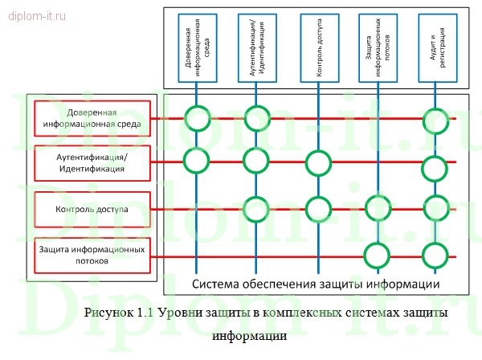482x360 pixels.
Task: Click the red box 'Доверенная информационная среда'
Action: point(92,118)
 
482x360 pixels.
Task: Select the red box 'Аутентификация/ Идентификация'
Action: point(92,164)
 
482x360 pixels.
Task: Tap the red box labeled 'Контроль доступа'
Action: point(92,209)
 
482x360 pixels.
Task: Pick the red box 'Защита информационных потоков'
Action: point(92,255)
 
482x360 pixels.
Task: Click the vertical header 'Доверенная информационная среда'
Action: point(197,48)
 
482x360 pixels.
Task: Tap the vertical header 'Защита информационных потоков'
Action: point(375,48)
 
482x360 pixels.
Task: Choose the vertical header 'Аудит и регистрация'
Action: point(435,48)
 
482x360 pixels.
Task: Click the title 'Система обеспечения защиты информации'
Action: point(316,284)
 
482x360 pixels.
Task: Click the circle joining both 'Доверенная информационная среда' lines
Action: point(197,119)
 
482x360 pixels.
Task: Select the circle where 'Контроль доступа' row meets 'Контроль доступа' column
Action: point(318,209)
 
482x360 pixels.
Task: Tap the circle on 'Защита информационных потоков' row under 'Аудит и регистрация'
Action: point(435,256)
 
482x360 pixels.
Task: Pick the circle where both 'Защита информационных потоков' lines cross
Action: point(376,256)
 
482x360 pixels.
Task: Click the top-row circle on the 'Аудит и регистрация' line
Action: point(435,119)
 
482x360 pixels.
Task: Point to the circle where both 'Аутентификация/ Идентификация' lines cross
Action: point(256,162)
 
